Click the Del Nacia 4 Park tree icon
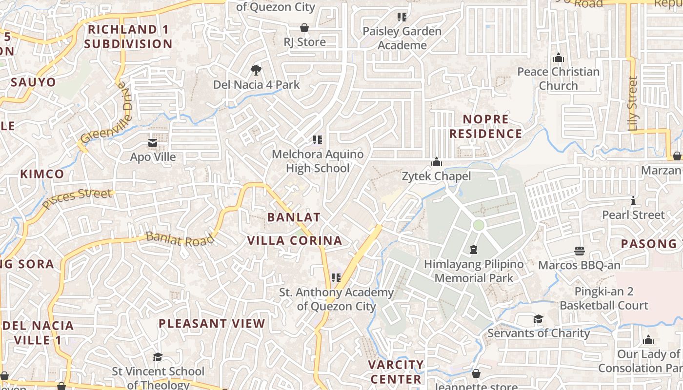coord(255,70)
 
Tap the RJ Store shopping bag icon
coord(304,28)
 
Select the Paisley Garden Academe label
coord(402,38)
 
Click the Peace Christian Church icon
coord(559,58)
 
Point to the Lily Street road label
coord(633,103)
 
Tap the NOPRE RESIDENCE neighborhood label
coord(485,126)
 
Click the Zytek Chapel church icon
coord(436,162)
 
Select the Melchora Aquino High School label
coord(318,161)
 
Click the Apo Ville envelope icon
coord(153,143)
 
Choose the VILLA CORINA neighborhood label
coord(295,241)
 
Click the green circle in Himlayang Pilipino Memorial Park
coord(479,225)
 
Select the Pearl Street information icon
coord(633,200)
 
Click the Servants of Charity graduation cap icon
coord(538,319)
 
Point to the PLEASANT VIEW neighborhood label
coord(212,324)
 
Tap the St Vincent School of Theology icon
coord(158,357)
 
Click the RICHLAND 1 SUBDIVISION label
coord(128,37)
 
